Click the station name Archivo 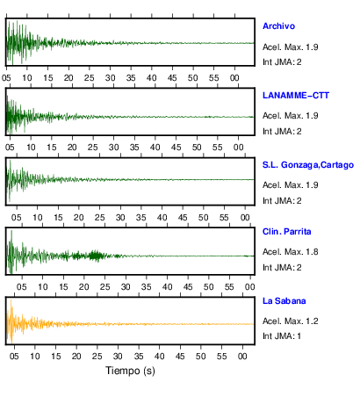278,26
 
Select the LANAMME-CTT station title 296,96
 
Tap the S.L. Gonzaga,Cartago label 308,165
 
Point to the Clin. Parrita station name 286,232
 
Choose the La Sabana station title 284,301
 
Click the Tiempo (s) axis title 130,371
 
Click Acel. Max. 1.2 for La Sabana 290,321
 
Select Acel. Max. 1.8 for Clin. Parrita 290,252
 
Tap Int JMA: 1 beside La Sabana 282,335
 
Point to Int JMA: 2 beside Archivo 282,62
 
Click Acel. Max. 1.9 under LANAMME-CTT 290,116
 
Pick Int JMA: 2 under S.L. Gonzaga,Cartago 282,201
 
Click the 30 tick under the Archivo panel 111,78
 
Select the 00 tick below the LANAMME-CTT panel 238,148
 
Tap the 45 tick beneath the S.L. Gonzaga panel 183,218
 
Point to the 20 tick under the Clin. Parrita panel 84,287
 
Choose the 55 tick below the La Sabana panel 221,357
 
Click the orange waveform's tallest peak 11,300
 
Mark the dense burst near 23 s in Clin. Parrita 96,256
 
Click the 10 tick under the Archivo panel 27,78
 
